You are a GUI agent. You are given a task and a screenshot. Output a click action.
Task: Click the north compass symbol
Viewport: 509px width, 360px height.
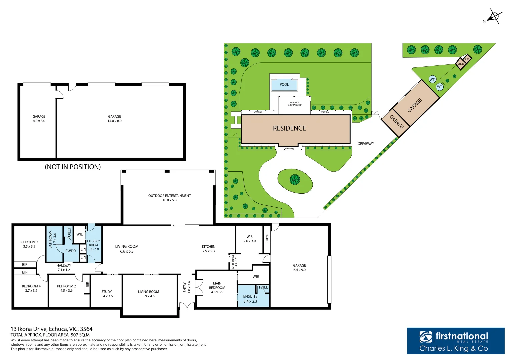tap(494, 16)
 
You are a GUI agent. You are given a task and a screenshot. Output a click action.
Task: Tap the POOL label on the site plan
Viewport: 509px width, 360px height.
tap(284, 85)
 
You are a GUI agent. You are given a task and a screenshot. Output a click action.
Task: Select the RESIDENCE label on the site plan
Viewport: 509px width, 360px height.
tap(289, 128)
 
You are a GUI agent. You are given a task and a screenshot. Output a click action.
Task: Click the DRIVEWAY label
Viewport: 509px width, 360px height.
tap(366, 144)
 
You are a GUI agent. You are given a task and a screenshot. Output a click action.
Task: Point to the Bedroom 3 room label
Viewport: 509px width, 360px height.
tap(29, 244)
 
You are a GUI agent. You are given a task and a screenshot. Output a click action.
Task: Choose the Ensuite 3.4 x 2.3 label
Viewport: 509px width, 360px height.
tap(250, 299)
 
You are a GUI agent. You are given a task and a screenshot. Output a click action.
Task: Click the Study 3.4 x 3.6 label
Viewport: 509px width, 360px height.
tap(107, 294)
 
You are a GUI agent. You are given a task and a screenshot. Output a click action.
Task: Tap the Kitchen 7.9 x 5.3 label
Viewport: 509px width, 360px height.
tap(209, 249)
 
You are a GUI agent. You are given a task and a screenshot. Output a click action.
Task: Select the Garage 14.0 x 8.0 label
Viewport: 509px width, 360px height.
tap(114, 119)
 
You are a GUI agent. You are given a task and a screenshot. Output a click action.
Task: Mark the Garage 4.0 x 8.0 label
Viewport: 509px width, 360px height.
tap(39, 119)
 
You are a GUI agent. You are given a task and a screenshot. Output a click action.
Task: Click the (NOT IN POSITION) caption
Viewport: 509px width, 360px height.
tap(73, 167)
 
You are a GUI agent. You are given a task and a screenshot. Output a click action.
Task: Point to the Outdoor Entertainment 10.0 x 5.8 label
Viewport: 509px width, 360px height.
tap(169, 198)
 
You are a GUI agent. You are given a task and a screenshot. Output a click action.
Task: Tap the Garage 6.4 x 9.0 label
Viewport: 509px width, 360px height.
tap(299, 268)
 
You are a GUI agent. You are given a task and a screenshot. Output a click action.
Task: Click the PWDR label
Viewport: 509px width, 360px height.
tap(70, 251)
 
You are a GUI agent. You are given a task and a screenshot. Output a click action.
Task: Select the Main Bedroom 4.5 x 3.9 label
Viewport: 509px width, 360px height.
tap(217, 288)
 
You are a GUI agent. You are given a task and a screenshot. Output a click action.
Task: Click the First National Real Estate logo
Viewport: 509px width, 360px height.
tap(455, 341)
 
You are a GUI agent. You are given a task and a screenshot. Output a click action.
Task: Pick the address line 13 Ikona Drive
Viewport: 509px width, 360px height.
tap(52, 329)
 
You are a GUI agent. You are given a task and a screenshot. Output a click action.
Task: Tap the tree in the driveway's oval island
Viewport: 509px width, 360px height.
tap(295, 180)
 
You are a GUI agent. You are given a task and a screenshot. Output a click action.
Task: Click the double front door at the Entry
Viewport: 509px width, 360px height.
tap(187, 306)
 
